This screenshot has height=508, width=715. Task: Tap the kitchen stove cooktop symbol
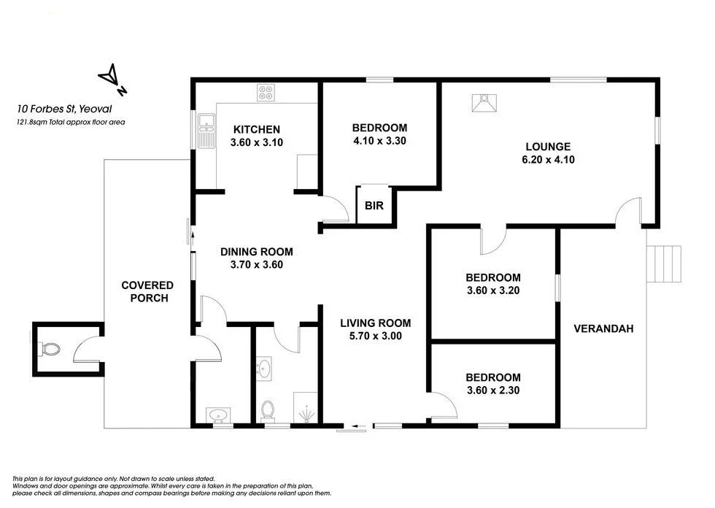(266, 93)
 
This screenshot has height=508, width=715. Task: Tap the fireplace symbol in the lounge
(483, 104)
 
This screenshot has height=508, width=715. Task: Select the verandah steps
(665, 263)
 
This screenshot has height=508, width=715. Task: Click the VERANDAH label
(603, 328)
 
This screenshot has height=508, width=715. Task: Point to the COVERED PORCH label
(147, 291)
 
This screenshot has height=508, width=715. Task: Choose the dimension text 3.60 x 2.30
(493, 390)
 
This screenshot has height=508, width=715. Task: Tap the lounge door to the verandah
(627, 212)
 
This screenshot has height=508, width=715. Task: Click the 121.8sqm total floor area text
(71, 123)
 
